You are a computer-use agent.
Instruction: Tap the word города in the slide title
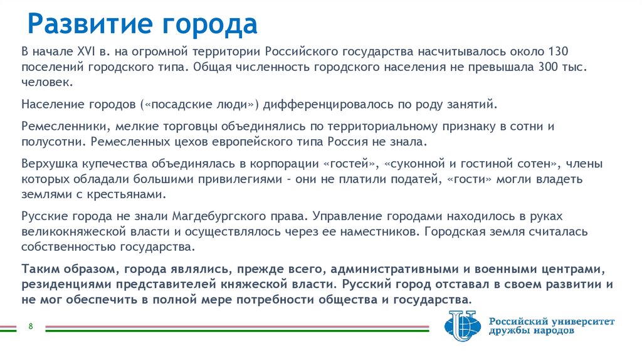(211, 24)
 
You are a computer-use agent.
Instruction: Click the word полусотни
(49, 142)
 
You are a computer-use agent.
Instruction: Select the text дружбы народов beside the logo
(530, 332)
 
